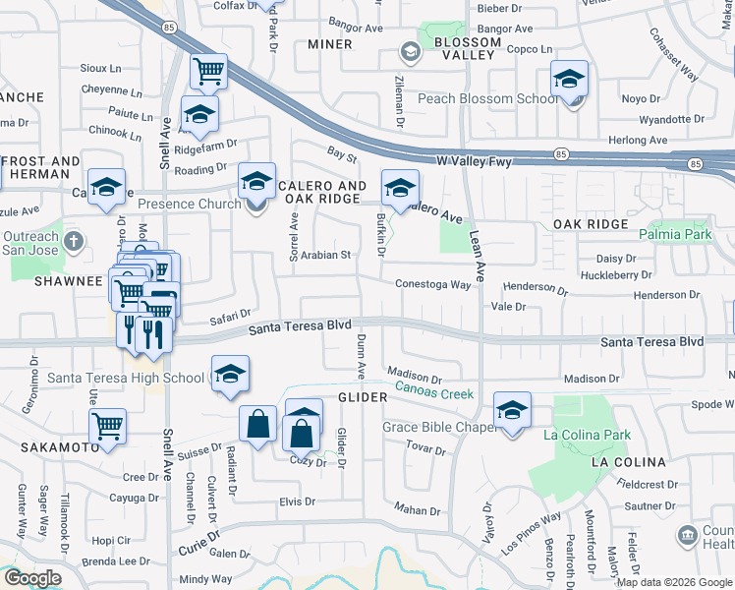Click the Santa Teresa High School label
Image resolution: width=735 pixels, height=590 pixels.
click(x=126, y=378)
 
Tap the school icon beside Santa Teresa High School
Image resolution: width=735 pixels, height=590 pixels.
click(x=230, y=375)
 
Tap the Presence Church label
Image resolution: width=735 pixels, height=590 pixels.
click(x=189, y=205)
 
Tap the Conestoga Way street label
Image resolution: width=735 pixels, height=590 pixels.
click(x=433, y=284)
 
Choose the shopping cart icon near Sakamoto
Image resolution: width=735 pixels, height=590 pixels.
click(x=108, y=427)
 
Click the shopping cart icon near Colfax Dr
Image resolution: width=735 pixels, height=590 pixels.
click(x=208, y=71)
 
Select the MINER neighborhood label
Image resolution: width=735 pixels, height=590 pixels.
click(x=329, y=44)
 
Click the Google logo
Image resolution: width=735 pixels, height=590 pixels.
click(x=31, y=578)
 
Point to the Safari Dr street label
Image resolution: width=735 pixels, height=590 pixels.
click(x=232, y=316)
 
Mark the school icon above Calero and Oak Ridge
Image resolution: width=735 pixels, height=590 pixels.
click(x=256, y=182)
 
